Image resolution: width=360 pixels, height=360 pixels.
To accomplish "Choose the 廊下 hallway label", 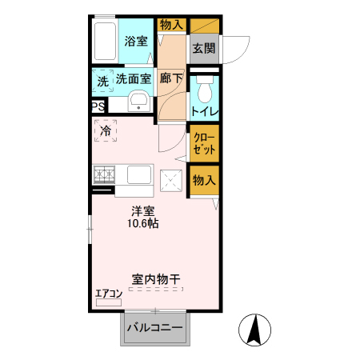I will [x=170, y=78].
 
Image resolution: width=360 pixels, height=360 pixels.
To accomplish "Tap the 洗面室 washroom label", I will [x=134, y=78].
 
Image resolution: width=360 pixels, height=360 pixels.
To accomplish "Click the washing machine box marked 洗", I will [x=102, y=81].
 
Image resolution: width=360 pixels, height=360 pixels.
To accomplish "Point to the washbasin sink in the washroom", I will [x=138, y=102].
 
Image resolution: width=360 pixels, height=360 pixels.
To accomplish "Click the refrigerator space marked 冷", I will [x=106, y=130].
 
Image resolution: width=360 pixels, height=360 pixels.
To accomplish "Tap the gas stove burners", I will [x=104, y=174].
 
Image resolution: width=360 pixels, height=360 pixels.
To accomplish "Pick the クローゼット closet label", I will [x=203, y=143].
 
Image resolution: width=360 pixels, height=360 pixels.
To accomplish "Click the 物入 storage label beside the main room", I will [x=203, y=181].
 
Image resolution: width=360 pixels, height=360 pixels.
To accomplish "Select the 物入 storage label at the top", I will [x=171, y=25].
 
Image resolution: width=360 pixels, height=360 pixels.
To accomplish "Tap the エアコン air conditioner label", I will [x=109, y=294].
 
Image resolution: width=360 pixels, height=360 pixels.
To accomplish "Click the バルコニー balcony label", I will [x=154, y=328].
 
